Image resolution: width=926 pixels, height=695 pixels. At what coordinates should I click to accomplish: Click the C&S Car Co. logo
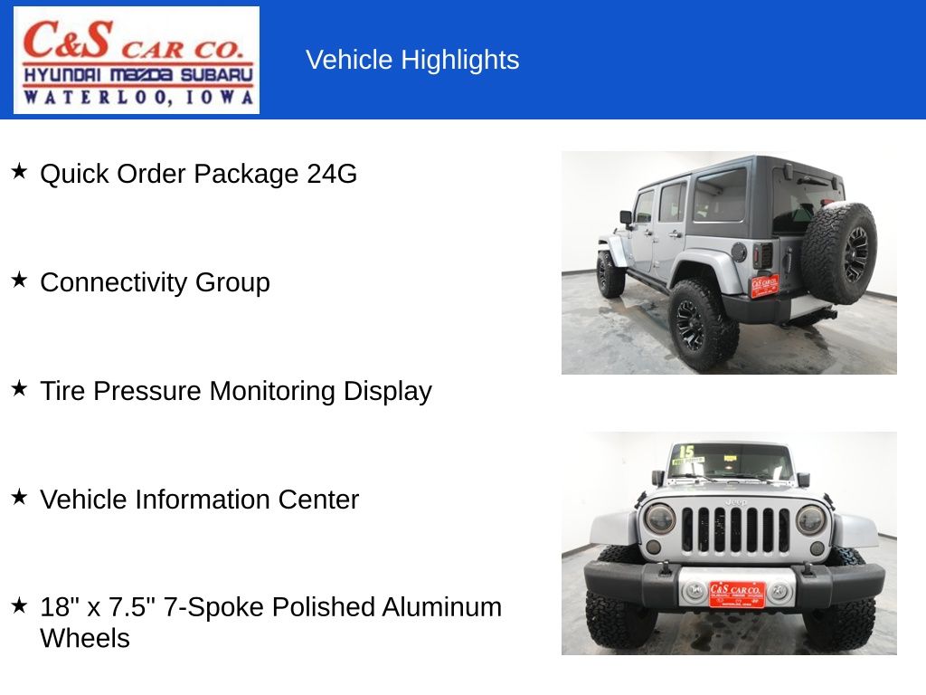coord(136,60)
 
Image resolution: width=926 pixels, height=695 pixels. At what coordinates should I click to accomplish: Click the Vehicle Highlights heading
coord(412,60)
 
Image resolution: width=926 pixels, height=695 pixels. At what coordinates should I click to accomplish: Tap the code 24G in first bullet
coord(332,174)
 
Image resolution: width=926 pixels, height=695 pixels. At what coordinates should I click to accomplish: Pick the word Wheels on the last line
coord(84,638)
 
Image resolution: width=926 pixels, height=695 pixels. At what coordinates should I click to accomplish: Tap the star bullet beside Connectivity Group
coord(19,281)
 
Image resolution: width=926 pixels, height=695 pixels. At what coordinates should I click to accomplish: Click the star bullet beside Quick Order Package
coord(19,172)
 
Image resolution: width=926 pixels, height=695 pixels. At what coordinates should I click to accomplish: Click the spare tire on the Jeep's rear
coord(838,252)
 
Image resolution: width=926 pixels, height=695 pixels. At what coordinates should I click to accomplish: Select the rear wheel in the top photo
coord(702,323)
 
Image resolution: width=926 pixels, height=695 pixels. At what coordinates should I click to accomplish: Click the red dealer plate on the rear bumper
coord(764,286)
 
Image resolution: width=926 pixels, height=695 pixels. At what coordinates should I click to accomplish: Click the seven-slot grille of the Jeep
coord(735,529)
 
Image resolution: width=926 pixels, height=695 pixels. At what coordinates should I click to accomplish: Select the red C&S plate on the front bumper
coord(736,594)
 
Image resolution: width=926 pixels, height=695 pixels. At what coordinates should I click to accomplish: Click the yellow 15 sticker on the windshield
coord(686,452)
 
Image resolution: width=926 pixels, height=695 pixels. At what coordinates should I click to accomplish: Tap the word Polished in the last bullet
coord(324,607)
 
